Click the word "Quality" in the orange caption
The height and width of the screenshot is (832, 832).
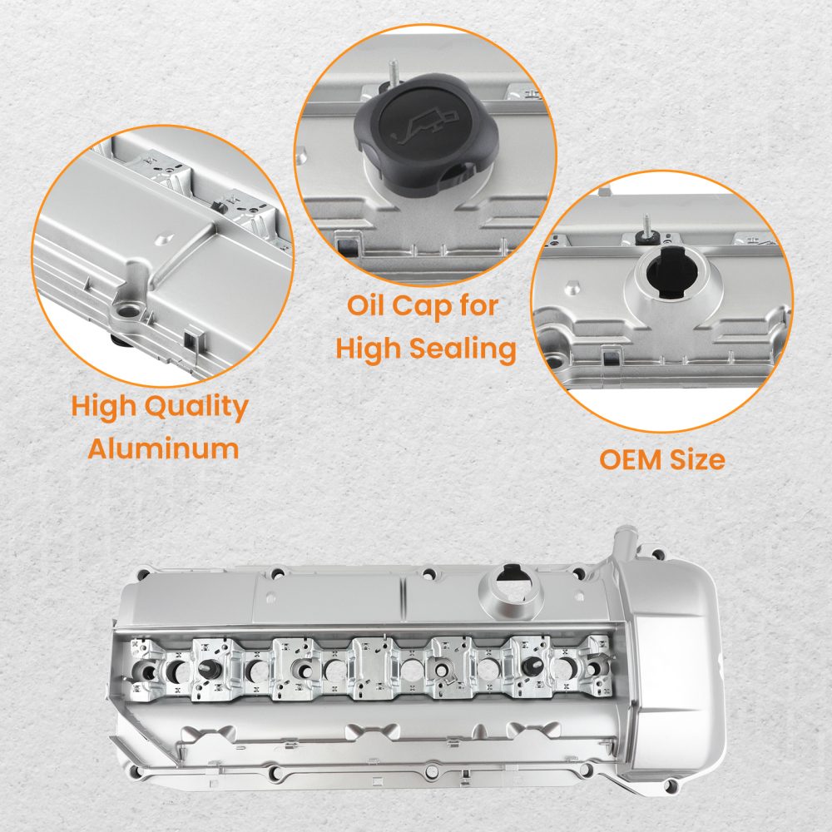click(196, 408)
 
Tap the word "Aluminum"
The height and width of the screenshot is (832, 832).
click(164, 449)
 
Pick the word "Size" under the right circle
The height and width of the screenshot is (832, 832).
click(697, 459)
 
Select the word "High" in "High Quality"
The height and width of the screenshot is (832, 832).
click(106, 408)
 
